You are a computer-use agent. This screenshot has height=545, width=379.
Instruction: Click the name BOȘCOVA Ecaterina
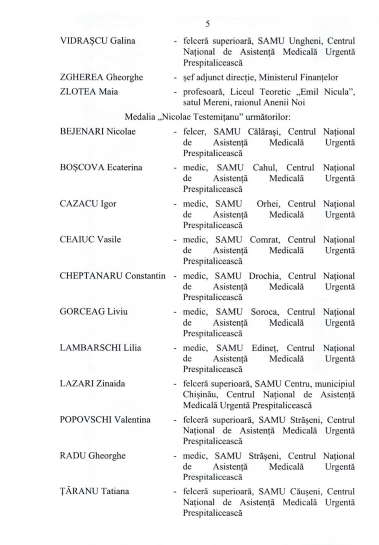91,170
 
